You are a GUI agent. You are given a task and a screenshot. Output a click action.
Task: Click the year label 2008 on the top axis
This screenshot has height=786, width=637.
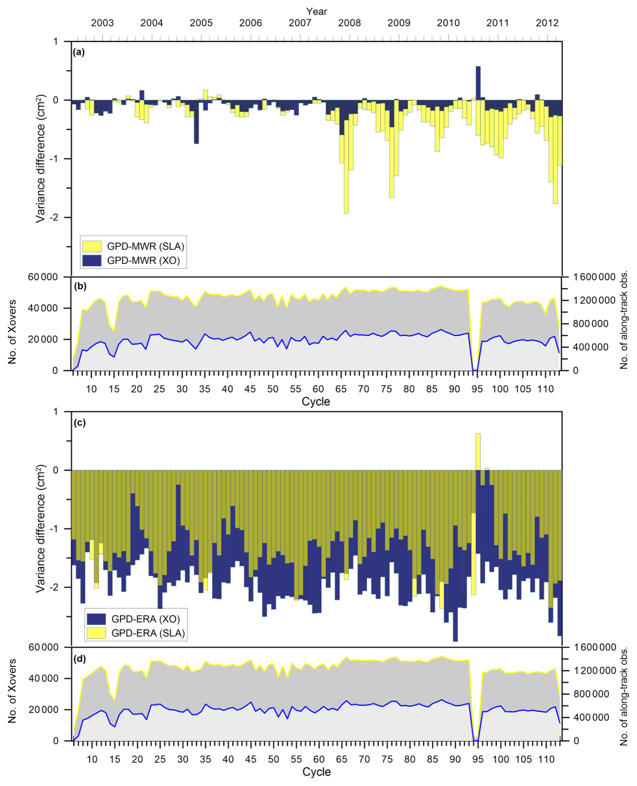[x=349, y=23]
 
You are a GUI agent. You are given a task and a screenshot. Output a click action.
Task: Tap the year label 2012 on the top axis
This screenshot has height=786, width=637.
[x=547, y=23]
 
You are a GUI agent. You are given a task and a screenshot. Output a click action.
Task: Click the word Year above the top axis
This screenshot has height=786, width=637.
[x=316, y=12]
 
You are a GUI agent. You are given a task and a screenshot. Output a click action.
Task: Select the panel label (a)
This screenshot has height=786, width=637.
[x=79, y=52]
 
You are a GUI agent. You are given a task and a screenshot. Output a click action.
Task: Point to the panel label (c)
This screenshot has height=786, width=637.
[x=80, y=423]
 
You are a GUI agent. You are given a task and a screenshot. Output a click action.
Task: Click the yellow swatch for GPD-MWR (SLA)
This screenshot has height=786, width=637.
[x=92, y=246]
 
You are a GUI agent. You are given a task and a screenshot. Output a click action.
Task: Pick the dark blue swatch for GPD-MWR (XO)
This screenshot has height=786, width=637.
[x=92, y=260]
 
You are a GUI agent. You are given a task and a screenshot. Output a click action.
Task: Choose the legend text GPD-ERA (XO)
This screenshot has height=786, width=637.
[x=145, y=619]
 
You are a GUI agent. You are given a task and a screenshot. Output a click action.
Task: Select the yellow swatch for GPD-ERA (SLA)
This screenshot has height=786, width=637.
[x=96, y=633]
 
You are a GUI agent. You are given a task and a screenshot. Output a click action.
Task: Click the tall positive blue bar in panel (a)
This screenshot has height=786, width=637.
[x=478, y=83]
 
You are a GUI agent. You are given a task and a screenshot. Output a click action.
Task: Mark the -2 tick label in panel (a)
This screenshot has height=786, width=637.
[x=54, y=218]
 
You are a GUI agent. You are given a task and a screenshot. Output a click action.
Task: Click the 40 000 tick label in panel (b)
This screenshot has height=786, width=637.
[x=43, y=308]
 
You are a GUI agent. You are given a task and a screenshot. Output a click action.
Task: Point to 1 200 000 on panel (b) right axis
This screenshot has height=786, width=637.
[x=594, y=300]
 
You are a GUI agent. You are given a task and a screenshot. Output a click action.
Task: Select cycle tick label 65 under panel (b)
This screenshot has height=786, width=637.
[x=341, y=389]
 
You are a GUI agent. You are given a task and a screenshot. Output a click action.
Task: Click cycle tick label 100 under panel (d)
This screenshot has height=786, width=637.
[x=500, y=759]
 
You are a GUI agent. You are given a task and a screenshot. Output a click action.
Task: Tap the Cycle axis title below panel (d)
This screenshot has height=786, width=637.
[x=316, y=772]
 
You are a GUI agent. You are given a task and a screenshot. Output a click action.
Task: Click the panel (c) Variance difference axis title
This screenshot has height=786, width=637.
[x=41, y=528]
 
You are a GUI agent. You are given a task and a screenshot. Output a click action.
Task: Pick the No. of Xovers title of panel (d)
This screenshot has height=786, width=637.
[x=12, y=691]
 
